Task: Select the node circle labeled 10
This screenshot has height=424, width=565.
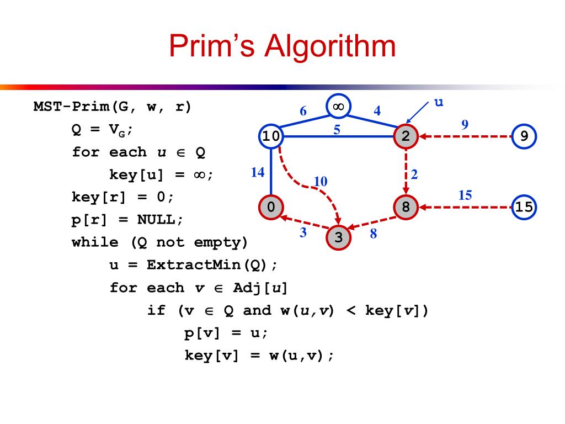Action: tap(270, 136)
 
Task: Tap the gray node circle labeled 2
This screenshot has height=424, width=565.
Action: tap(406, 136)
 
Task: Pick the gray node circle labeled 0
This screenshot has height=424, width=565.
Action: tap(270, 207)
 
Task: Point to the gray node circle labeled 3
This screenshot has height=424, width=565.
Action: tap(339, 237)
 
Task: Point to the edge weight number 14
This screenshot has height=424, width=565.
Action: tap(257, 172)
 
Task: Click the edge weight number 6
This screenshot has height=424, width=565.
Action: tap(303, 111)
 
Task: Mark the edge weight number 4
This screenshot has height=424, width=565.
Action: tap(377, 110)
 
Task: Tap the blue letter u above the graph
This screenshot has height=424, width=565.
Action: tap(439, 103)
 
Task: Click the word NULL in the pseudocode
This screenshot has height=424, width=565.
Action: tap(156, 219)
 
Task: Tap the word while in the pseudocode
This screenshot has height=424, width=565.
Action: tap(90, 242)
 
